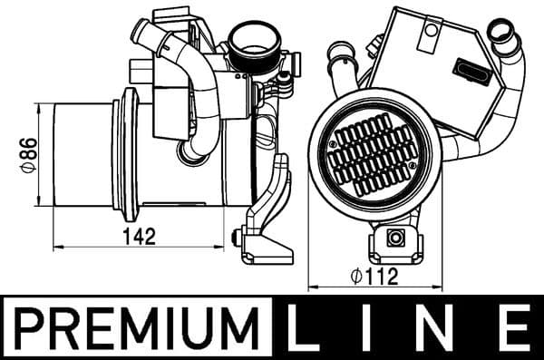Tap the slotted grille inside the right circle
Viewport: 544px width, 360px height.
(374, 160)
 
